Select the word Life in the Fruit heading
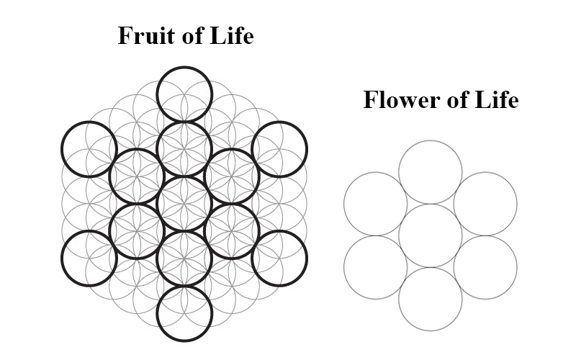(x=232, y=36)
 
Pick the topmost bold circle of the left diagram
(x=185, y=94)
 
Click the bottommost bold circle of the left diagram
(x=185, y=313)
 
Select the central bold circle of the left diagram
(x=185, y=204)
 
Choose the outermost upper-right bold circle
(x=279, y=149)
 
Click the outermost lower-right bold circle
(x=279, y=258)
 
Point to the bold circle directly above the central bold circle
(x=185, y=149)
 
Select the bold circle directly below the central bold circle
(x=185, y=258)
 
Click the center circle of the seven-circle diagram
(x=430, y=235)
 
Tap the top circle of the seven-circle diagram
(x=430, y=172)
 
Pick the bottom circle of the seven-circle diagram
(x=430, y=299)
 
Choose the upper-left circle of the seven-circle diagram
(x=375, y=204)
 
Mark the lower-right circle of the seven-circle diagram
(x=485, y=267)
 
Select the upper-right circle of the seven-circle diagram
(x=485, y=204)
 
